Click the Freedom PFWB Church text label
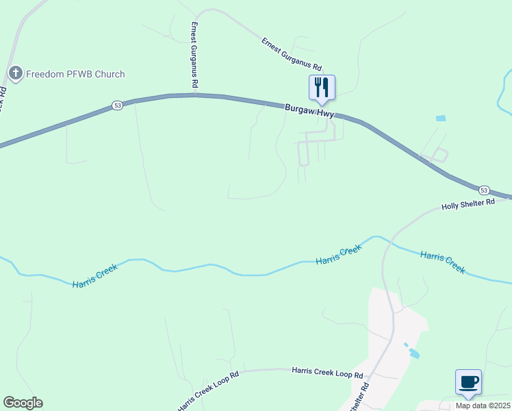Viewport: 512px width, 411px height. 76,74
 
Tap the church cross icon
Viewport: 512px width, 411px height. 16,73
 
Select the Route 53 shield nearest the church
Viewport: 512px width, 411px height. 117,105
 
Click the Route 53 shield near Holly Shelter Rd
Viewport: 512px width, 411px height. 484,189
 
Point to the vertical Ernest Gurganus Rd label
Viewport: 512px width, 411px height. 194,55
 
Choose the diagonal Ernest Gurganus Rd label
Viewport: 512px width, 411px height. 291,55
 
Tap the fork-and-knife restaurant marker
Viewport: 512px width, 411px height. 322,88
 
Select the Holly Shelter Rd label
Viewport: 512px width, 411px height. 468,204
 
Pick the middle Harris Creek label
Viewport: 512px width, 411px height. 338,256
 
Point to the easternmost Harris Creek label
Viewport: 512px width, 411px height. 442,262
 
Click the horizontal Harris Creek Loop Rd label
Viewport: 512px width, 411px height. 327,372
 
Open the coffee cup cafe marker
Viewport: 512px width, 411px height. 468,382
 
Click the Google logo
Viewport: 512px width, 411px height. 23,403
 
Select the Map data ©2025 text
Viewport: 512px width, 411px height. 483,406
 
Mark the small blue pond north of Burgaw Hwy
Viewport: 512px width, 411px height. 441,119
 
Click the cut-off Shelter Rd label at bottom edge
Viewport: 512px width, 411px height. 361,397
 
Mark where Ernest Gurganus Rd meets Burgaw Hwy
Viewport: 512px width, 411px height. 195,95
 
